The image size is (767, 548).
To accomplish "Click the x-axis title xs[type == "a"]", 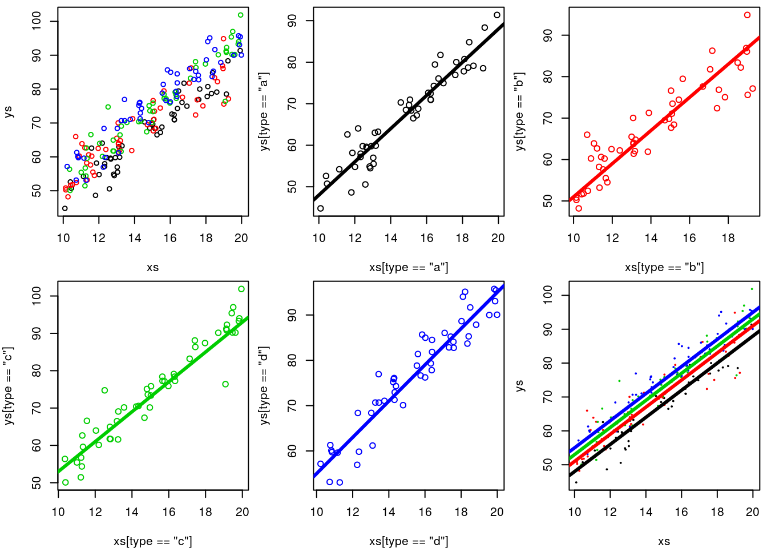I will tap(409, 267).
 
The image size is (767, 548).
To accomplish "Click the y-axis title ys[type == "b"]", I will tap(520, 111).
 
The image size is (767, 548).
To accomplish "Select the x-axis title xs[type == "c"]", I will tap(152, 541).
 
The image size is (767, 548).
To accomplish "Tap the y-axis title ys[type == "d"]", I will tap(264, 385).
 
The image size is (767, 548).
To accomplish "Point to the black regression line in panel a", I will tap(409, 112).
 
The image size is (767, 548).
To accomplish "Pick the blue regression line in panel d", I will tap(409, 381).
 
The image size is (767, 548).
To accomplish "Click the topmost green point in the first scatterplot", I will tap(240, 15).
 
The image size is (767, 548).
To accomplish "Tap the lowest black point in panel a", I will tap(321, 208).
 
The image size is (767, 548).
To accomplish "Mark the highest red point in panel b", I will tap(748, 15).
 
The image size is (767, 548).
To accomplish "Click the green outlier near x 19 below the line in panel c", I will tap(225, 384).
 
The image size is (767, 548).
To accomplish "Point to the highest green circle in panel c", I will tap(241, 289).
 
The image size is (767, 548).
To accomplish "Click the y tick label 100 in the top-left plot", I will tap(37, 22).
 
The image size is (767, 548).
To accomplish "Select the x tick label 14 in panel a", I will tap(391, 238).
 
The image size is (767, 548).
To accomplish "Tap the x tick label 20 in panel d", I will tap(497, 512).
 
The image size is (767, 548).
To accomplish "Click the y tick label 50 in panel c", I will tap(37, 483).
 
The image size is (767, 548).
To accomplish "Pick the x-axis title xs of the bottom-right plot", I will tap(664, 541).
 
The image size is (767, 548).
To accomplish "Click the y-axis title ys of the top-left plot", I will tap(8, 111).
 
